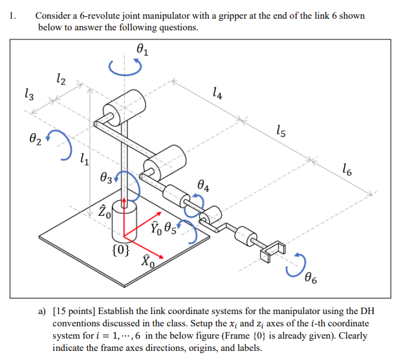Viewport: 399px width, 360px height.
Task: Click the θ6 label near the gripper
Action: (x=312, y=279)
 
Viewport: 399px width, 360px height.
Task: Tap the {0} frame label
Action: (x=122, y=248)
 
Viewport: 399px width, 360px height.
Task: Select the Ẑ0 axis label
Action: (x=105, y=209)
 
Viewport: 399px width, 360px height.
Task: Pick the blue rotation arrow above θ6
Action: (x=299, y=262)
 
